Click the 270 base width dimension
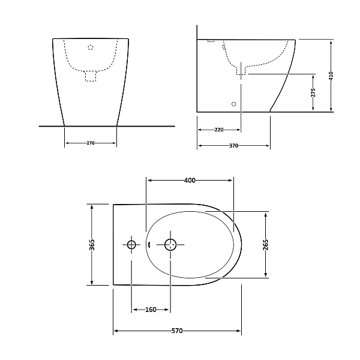91,143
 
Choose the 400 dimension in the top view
190,180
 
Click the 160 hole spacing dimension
151,310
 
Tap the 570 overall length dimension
177,331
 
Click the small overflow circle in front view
91,46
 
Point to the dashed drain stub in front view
91,76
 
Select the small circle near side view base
234,104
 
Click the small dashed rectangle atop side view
211,41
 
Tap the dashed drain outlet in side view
241,71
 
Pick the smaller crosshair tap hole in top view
131,244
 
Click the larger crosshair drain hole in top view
170,244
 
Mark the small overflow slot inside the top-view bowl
148,244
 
